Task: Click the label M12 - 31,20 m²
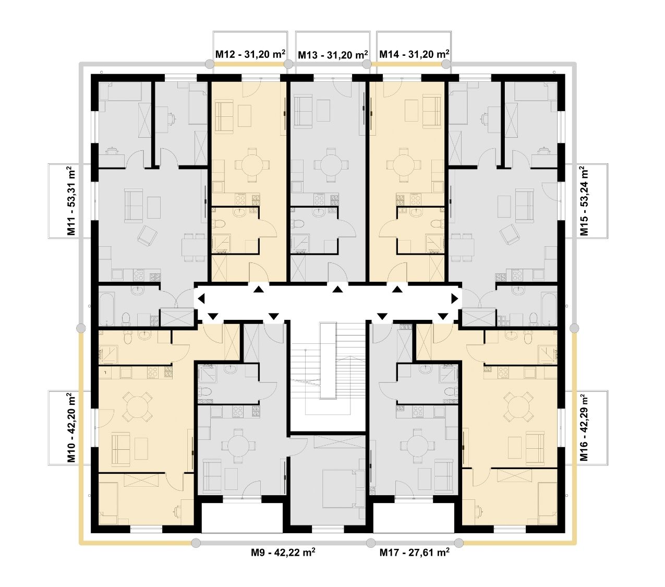click(250, 54)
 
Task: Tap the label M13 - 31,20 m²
click(333, 55)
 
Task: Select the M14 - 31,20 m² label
click(414, 54)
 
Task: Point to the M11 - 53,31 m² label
click(71, 201)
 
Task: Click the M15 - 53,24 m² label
click(584, 201)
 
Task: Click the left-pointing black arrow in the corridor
click(201, 298)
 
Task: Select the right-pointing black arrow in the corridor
click(455, 298)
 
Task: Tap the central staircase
click(328, 369)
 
